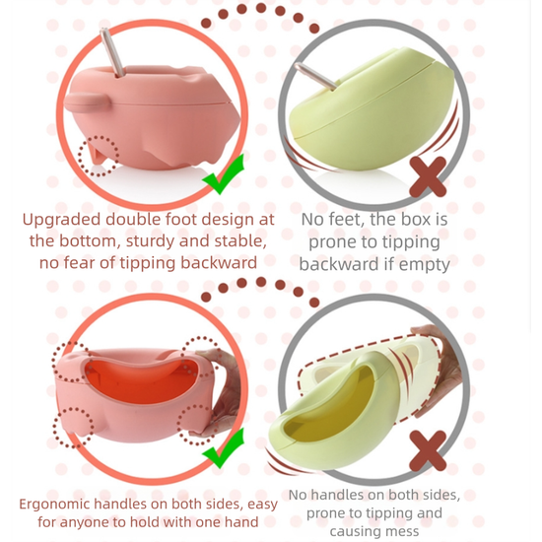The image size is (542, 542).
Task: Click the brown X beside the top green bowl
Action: tap(428, 176)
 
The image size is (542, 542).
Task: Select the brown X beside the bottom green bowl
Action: tap(428, 450)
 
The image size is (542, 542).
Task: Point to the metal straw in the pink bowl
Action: tap(112, 52)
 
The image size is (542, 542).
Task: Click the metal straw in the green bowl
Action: tap(315, 77)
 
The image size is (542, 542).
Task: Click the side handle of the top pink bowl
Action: tap(87, 102)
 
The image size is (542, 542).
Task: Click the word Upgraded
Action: tap(62, 220)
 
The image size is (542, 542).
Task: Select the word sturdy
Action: tap(149, 240)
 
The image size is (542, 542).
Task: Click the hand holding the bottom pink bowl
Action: tap(221, 394)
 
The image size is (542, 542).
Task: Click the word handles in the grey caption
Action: tap(337, 495)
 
